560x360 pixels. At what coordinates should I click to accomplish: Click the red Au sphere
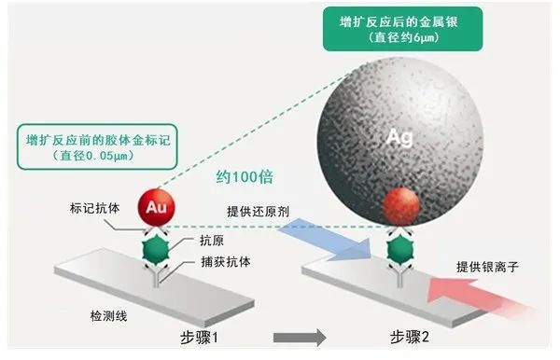(157, 207)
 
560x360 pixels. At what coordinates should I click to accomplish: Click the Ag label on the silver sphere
(400, 137)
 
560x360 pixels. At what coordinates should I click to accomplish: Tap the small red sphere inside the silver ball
(400, 206)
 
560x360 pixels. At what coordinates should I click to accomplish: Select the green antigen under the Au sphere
(156, 249)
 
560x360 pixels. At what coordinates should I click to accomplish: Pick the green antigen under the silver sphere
(400, 249)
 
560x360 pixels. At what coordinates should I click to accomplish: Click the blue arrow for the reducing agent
(326, 240)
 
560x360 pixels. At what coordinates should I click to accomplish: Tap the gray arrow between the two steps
(300, 338)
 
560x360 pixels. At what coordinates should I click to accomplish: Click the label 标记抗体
(94, 208)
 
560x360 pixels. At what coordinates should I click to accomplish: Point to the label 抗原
(212, 241)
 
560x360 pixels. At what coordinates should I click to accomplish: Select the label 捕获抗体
(225, 262)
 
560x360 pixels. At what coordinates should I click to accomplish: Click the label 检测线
(108, 316)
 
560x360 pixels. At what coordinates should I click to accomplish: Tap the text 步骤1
(200, 338)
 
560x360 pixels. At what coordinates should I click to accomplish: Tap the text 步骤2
(410, 337)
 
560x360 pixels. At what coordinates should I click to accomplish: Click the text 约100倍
(245, 176)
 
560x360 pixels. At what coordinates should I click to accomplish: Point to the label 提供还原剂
(258, 211)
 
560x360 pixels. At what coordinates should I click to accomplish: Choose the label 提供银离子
(487, 267)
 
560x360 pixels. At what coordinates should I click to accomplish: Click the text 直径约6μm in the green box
(403, 38)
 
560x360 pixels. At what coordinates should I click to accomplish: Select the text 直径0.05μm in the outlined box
(92, 156)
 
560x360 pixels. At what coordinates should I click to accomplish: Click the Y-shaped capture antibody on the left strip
(156, 275)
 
